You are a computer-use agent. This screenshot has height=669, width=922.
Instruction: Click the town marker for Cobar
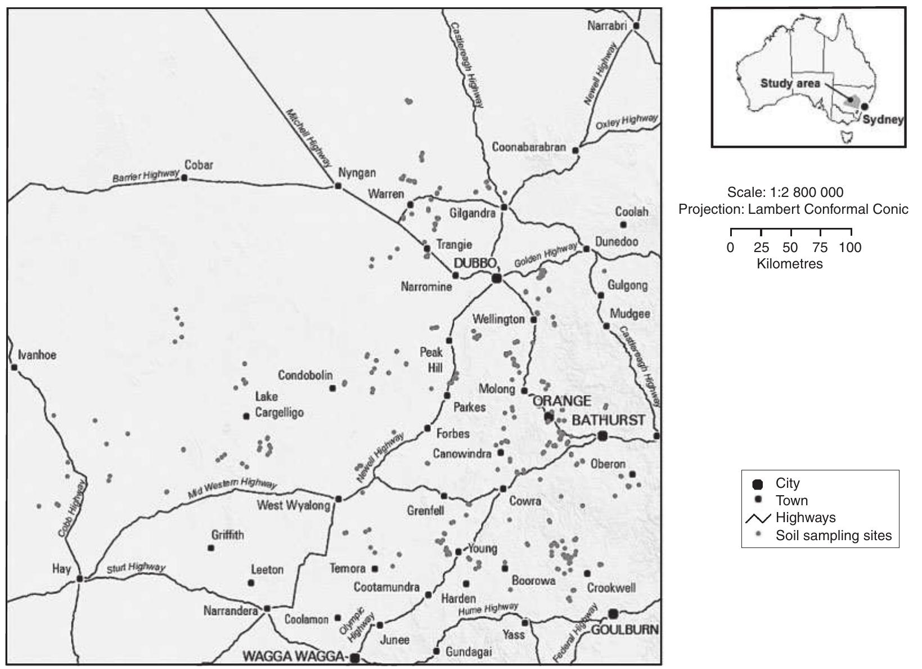(184, 178)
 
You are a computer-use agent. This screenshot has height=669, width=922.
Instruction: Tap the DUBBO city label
(475, 263)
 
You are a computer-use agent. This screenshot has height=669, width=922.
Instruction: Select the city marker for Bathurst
(602, 435)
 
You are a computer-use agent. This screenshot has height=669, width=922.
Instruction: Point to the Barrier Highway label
(146, 176)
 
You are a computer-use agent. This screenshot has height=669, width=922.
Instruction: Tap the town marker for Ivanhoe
(14, 367)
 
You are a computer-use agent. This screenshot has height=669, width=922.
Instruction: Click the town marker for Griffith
(211, 547)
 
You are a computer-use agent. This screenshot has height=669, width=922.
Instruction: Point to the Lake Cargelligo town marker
(246, 416)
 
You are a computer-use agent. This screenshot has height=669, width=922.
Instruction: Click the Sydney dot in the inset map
(865, 106)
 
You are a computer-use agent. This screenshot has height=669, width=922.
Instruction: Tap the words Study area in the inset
(790, 83)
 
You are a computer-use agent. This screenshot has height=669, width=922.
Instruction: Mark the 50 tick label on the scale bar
(790, 248)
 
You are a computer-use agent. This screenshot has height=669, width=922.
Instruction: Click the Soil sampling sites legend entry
(833, 535)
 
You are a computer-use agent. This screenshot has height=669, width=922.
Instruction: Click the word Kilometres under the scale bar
(789, 264)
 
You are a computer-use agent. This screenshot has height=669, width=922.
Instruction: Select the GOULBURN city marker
(613, 613)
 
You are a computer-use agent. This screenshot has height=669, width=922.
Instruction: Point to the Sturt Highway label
(136, 568)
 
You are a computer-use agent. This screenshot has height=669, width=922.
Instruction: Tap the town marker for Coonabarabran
(575, 150)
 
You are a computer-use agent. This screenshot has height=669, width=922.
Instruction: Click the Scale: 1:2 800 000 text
(785, 192)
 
